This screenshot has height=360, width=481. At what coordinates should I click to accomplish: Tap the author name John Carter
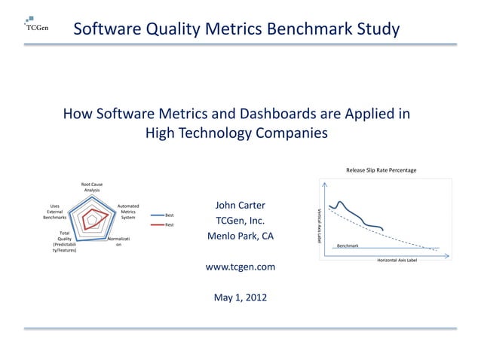click(x=240, y=206)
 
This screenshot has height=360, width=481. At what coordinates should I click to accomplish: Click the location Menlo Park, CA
click(x=240, y=237)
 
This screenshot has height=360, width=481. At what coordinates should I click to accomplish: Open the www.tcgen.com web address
click(x=240, y=267)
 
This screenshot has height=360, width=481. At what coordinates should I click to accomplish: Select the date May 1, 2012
click(x=240, y=297)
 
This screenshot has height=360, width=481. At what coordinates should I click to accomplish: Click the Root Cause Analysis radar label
click(x=92, y=188)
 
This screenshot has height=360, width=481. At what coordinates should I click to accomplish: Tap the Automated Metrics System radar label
click(x=128, y=212)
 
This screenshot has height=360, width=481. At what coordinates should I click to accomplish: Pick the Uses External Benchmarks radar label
click(x=55, y=212)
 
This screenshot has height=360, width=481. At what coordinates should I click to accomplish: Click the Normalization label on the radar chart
click(x=121, y=242)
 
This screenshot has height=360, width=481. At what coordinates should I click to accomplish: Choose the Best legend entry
click(x=170, y=215)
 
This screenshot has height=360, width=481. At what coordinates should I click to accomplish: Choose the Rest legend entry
click(x=170, y=224)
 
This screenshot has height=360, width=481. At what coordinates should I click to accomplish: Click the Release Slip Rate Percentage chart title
click(x=381, y=169)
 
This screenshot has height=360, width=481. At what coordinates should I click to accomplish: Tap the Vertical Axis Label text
click(x=319, y=224)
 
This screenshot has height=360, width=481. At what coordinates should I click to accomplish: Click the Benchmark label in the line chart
click(x=348, y=246)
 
